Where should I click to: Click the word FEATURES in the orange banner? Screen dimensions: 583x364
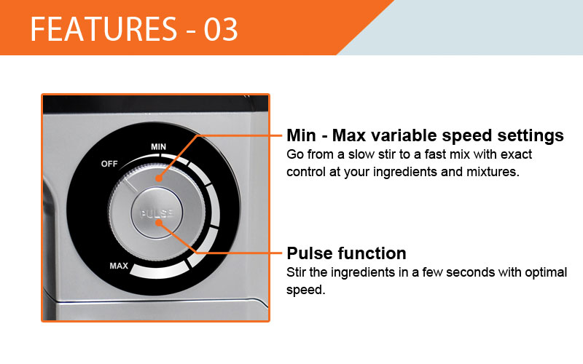[x=103, y=29]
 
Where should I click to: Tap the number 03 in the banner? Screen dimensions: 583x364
[x=221, y=29]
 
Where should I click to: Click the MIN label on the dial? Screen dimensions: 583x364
[x=158, y=147]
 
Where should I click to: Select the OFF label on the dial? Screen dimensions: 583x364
[x=109, y=164]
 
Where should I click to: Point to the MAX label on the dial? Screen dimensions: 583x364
[x=119, y=266]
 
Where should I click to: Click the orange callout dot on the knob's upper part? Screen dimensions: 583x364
[x=159, y=178]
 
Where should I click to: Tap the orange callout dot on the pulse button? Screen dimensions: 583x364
[x=159, y=223]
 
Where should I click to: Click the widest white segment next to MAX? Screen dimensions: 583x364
[x=159, y=270]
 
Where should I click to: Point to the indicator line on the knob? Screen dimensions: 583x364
[x=130, y=184]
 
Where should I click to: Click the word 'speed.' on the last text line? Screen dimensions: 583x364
[x=305, y=290]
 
